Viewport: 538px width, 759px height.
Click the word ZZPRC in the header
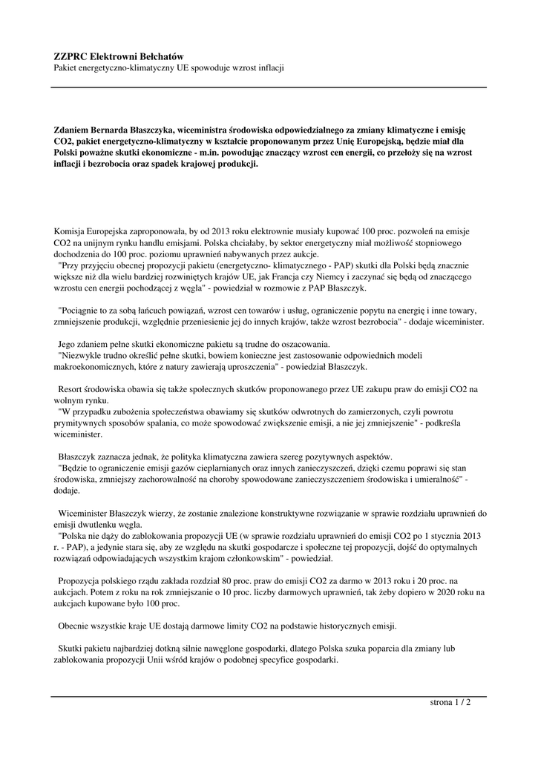70,56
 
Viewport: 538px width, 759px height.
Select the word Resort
73,388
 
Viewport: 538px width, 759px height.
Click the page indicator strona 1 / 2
450,702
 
